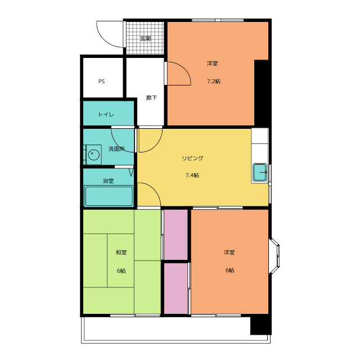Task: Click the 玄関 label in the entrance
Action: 145,38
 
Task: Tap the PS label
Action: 101,81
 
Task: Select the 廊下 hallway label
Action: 151,98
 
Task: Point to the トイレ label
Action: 106,114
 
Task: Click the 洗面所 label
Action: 116,148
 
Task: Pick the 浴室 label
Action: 108,181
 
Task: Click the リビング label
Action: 192,158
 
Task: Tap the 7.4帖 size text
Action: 192,175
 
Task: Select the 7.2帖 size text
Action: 214,81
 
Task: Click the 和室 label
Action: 121,253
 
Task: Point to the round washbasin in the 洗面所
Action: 94,155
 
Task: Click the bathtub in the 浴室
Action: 109,196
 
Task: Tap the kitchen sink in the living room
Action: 260,172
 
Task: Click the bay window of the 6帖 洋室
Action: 274,256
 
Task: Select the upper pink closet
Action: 176,235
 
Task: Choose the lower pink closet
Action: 176,289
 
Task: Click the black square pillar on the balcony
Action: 261,325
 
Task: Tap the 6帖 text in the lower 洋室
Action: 229,270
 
